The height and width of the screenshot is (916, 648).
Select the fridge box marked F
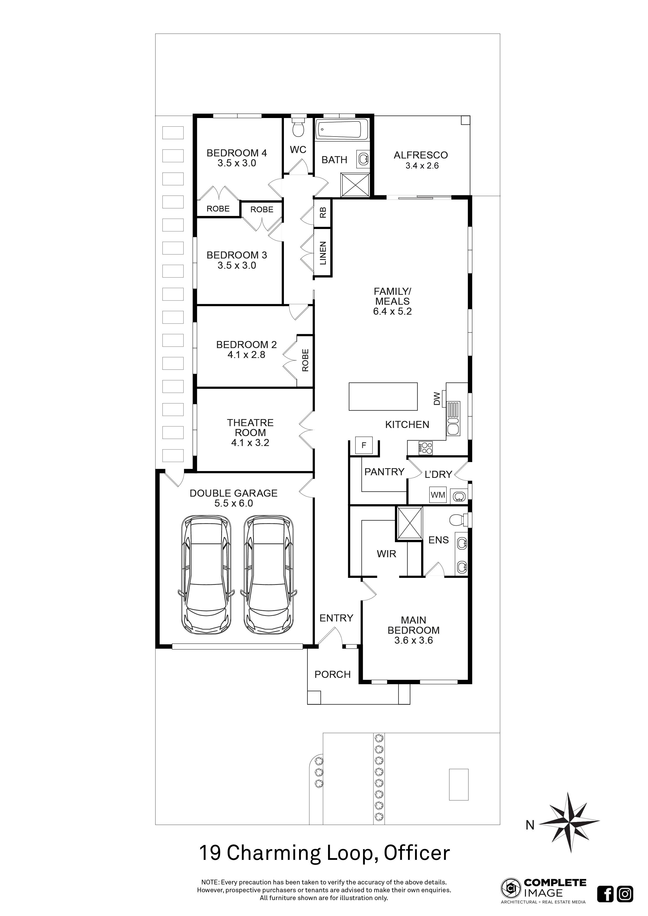364,446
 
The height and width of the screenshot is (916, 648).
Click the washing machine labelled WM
438,495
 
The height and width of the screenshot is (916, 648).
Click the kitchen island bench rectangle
383,397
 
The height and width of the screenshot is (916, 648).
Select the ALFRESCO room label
421,155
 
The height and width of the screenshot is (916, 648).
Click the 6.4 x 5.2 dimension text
392,311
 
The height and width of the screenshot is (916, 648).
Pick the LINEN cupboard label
323,253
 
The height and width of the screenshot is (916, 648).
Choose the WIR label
386,554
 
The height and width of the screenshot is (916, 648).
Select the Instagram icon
624,893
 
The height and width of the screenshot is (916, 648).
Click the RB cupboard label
323,213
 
